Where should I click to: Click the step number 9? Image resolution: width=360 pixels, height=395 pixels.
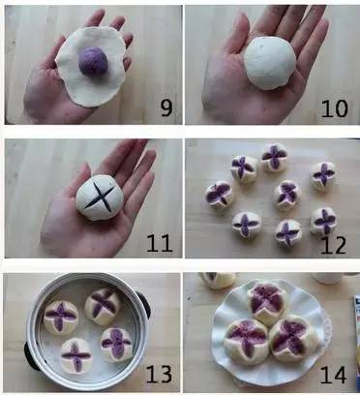click(166, 108)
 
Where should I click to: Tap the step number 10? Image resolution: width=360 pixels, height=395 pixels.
click(335, 108)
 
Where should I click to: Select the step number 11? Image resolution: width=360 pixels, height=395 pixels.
click(160, 243)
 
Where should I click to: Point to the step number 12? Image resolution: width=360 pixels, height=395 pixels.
click(334, 245)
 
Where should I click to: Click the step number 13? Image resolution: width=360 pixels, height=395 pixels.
click(160, 374)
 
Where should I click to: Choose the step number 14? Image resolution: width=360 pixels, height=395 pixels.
click(334, 375)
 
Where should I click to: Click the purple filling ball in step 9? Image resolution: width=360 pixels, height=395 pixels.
click(93, 61)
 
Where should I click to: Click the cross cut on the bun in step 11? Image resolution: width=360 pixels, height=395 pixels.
click(101, 197)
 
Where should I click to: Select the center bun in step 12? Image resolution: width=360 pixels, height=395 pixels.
click(287, 195)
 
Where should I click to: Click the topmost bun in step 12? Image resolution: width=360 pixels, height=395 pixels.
click(275, 158)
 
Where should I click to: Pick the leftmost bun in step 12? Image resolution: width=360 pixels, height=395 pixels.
click(220, 195)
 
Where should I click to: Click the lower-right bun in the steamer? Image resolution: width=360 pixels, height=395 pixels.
click(117, 344)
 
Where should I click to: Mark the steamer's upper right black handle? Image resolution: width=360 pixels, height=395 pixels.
click(144, 303)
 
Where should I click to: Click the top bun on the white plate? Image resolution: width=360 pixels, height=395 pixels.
click(267, 303)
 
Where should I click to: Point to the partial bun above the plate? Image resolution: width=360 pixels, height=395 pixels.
click(218, 280)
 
